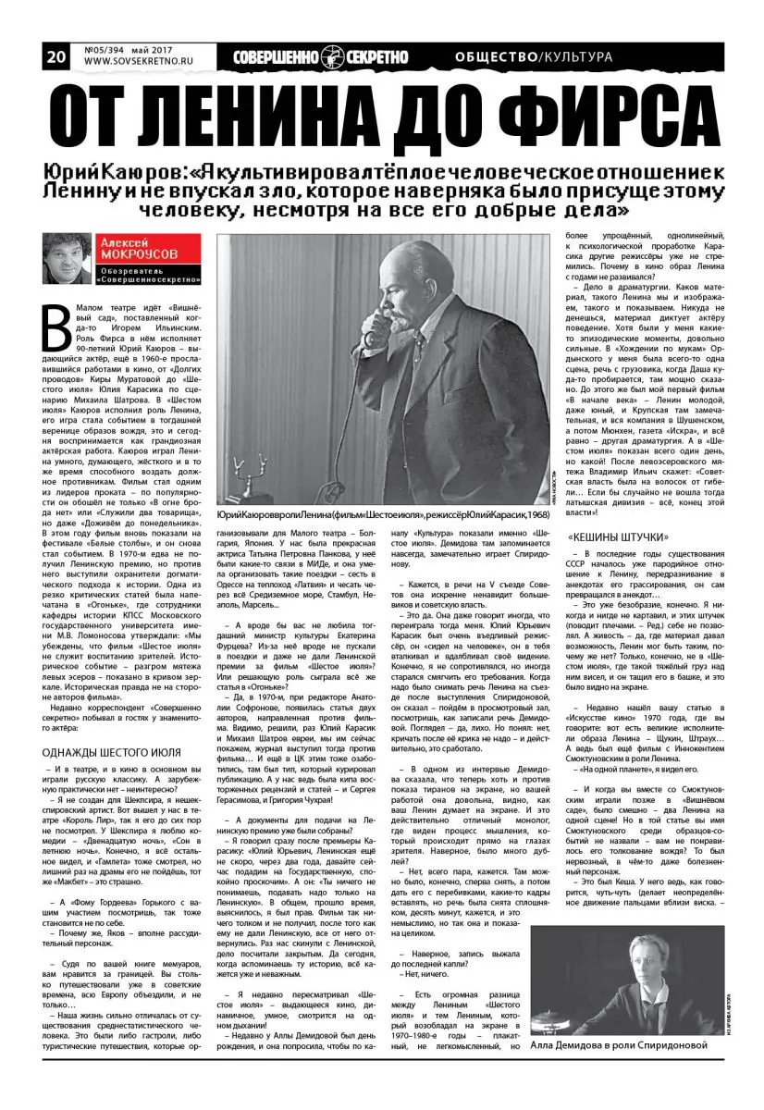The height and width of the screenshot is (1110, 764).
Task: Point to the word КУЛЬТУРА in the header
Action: (576, 56)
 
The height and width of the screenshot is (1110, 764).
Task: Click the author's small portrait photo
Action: (68, 258)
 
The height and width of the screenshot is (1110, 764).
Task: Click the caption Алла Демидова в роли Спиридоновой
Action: (625, 1045)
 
